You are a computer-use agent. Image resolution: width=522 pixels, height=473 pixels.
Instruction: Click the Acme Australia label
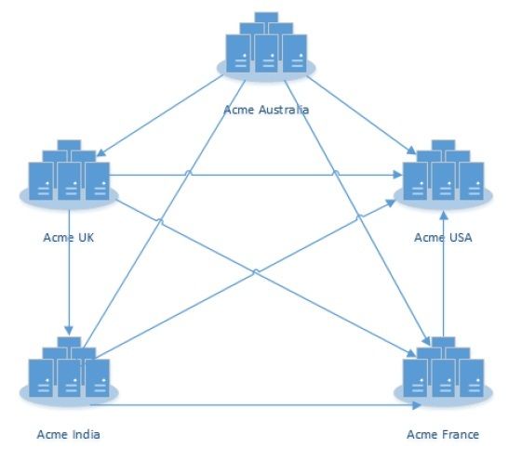point(266,110)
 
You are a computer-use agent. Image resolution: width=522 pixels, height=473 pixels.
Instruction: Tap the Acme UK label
point(69,237)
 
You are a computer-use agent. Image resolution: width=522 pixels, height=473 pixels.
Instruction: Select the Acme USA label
point(443,237)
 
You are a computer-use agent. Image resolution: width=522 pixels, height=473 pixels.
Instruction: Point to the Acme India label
point(69,434)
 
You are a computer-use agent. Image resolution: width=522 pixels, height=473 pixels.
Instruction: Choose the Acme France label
point(443,434)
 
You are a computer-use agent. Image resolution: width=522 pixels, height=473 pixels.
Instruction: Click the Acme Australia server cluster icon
point(266,46)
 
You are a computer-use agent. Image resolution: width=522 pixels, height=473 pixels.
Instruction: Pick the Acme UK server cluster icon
point(69,175)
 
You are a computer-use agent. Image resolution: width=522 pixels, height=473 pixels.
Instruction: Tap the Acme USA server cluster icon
point(443,175)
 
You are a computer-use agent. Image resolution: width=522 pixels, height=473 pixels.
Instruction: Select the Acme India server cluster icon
point(69,372)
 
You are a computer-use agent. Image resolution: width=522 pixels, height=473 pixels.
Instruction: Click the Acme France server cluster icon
point(443,372)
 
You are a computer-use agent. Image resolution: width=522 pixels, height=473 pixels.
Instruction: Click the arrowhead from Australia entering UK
point(100,152)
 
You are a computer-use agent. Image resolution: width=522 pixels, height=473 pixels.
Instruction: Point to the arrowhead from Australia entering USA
point(411,151)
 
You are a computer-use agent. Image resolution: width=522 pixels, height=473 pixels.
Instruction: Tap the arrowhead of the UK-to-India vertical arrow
point(69,331)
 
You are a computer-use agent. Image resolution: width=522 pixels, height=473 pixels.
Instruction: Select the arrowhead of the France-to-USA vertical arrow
point(444,216)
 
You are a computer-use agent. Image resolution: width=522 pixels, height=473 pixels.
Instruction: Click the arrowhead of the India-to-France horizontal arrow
point(417,405)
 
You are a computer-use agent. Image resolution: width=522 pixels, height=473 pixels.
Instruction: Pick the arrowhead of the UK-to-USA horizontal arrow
point(398,175)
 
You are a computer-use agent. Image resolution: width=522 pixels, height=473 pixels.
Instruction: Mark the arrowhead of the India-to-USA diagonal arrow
point(390,203)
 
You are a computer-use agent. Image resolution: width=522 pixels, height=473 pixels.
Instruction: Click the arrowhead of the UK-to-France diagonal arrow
point(411,353)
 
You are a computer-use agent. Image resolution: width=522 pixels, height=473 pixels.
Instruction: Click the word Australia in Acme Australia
point(284,110)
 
